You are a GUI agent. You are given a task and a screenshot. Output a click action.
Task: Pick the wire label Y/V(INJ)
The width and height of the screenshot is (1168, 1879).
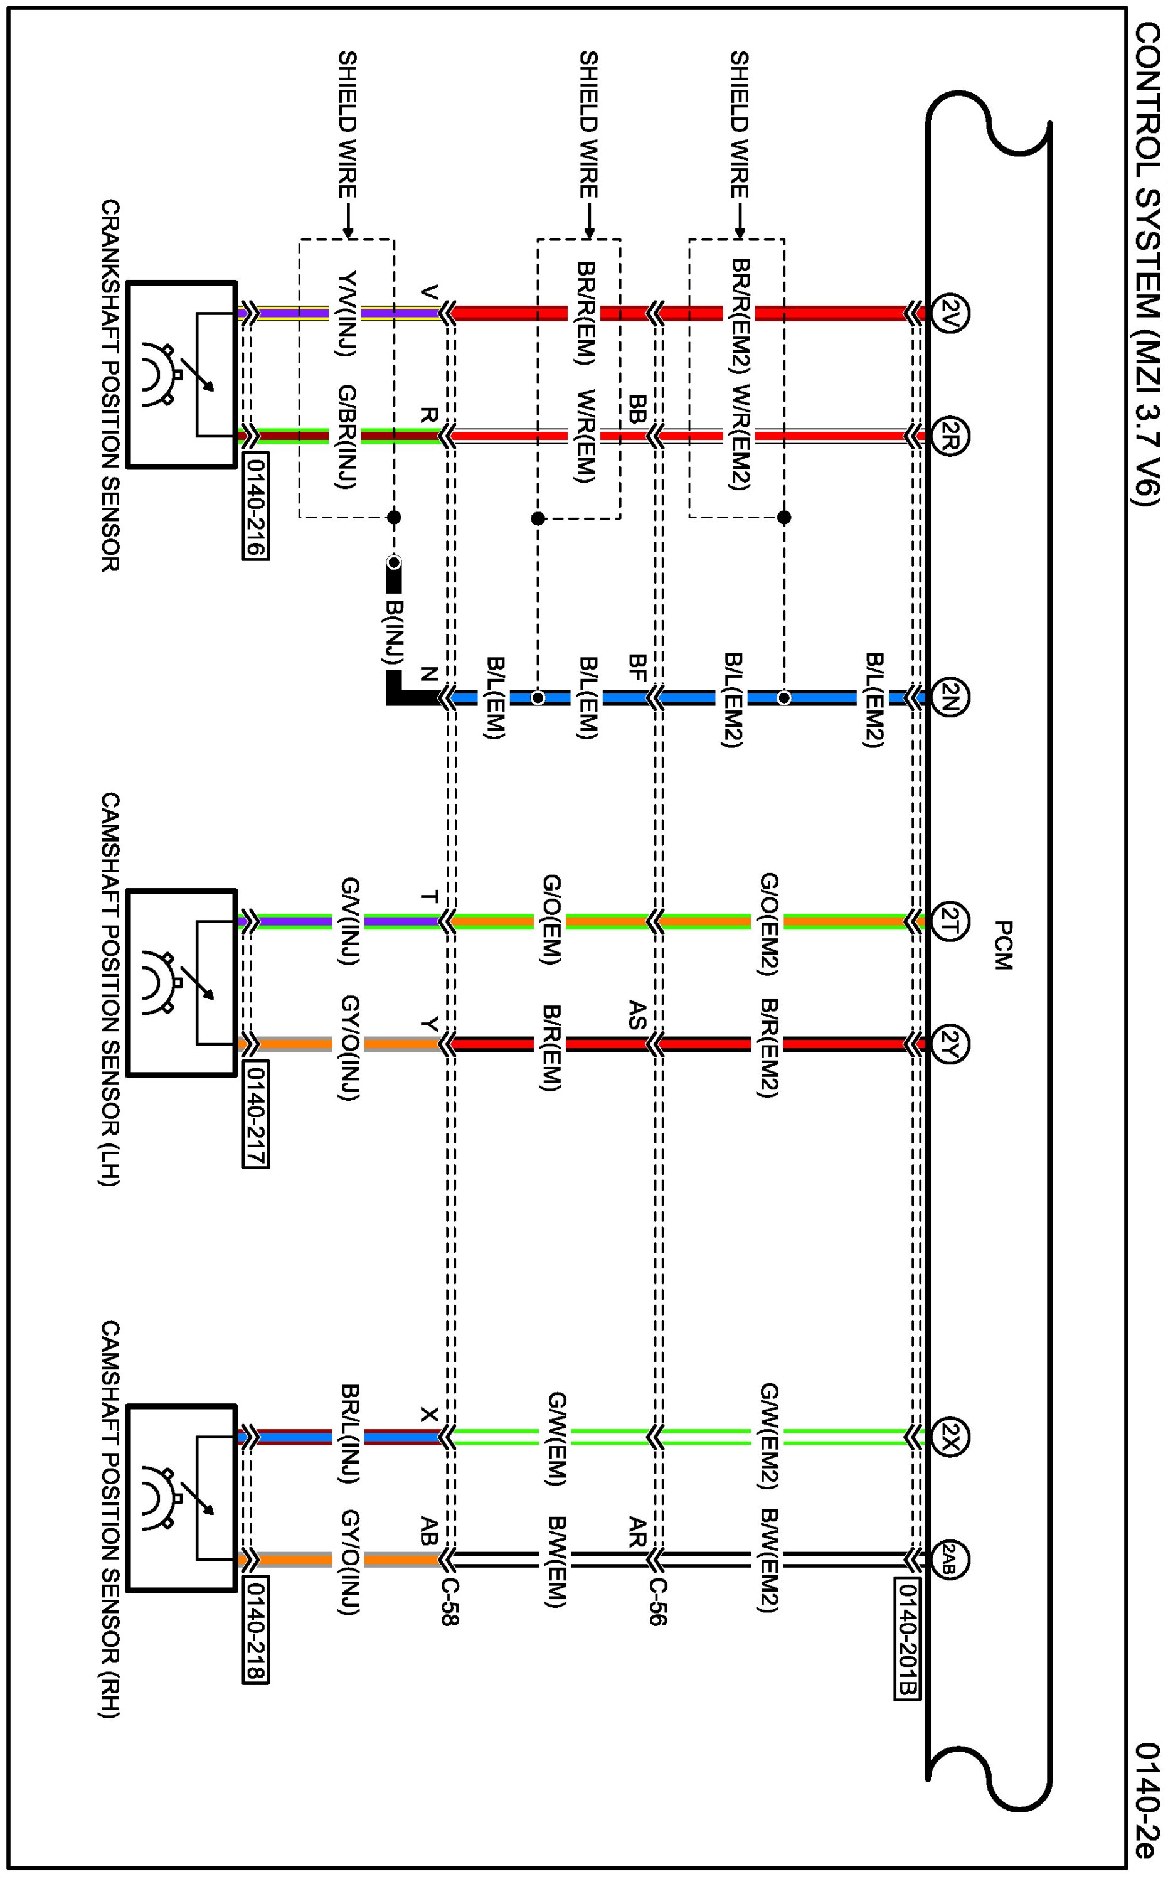pyautogui.click(x=348, y=313)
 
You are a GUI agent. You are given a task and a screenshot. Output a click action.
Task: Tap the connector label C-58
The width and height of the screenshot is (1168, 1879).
pyautogui.click(x=450, y=1601)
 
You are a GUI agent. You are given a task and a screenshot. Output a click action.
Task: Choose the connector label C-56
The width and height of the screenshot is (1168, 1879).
pyautogui.click(x=657, y=1601)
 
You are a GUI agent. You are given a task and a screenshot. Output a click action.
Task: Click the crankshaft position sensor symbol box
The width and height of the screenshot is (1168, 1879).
pyautogui.click(x=181, y=375)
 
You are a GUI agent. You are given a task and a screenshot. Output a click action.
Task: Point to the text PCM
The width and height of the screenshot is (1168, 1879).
pyautogui.click(x=1002, y=944)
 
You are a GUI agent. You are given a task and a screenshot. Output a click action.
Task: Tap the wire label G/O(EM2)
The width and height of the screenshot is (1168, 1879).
pyautogui.click(x=768, y=923)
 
